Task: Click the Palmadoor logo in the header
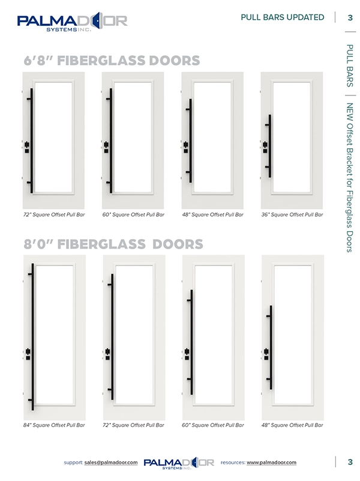point(72,23)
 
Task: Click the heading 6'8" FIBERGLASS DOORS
point(111,61)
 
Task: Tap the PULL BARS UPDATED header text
point(282,17)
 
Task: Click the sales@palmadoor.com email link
point(112,462)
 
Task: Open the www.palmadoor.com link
point(271,462)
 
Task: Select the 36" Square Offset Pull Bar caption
point(292,214)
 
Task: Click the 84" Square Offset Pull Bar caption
point(53,425)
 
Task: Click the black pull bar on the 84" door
point(32,336)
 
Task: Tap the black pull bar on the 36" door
point(270,150)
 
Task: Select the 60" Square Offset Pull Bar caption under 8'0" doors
point(214,425)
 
